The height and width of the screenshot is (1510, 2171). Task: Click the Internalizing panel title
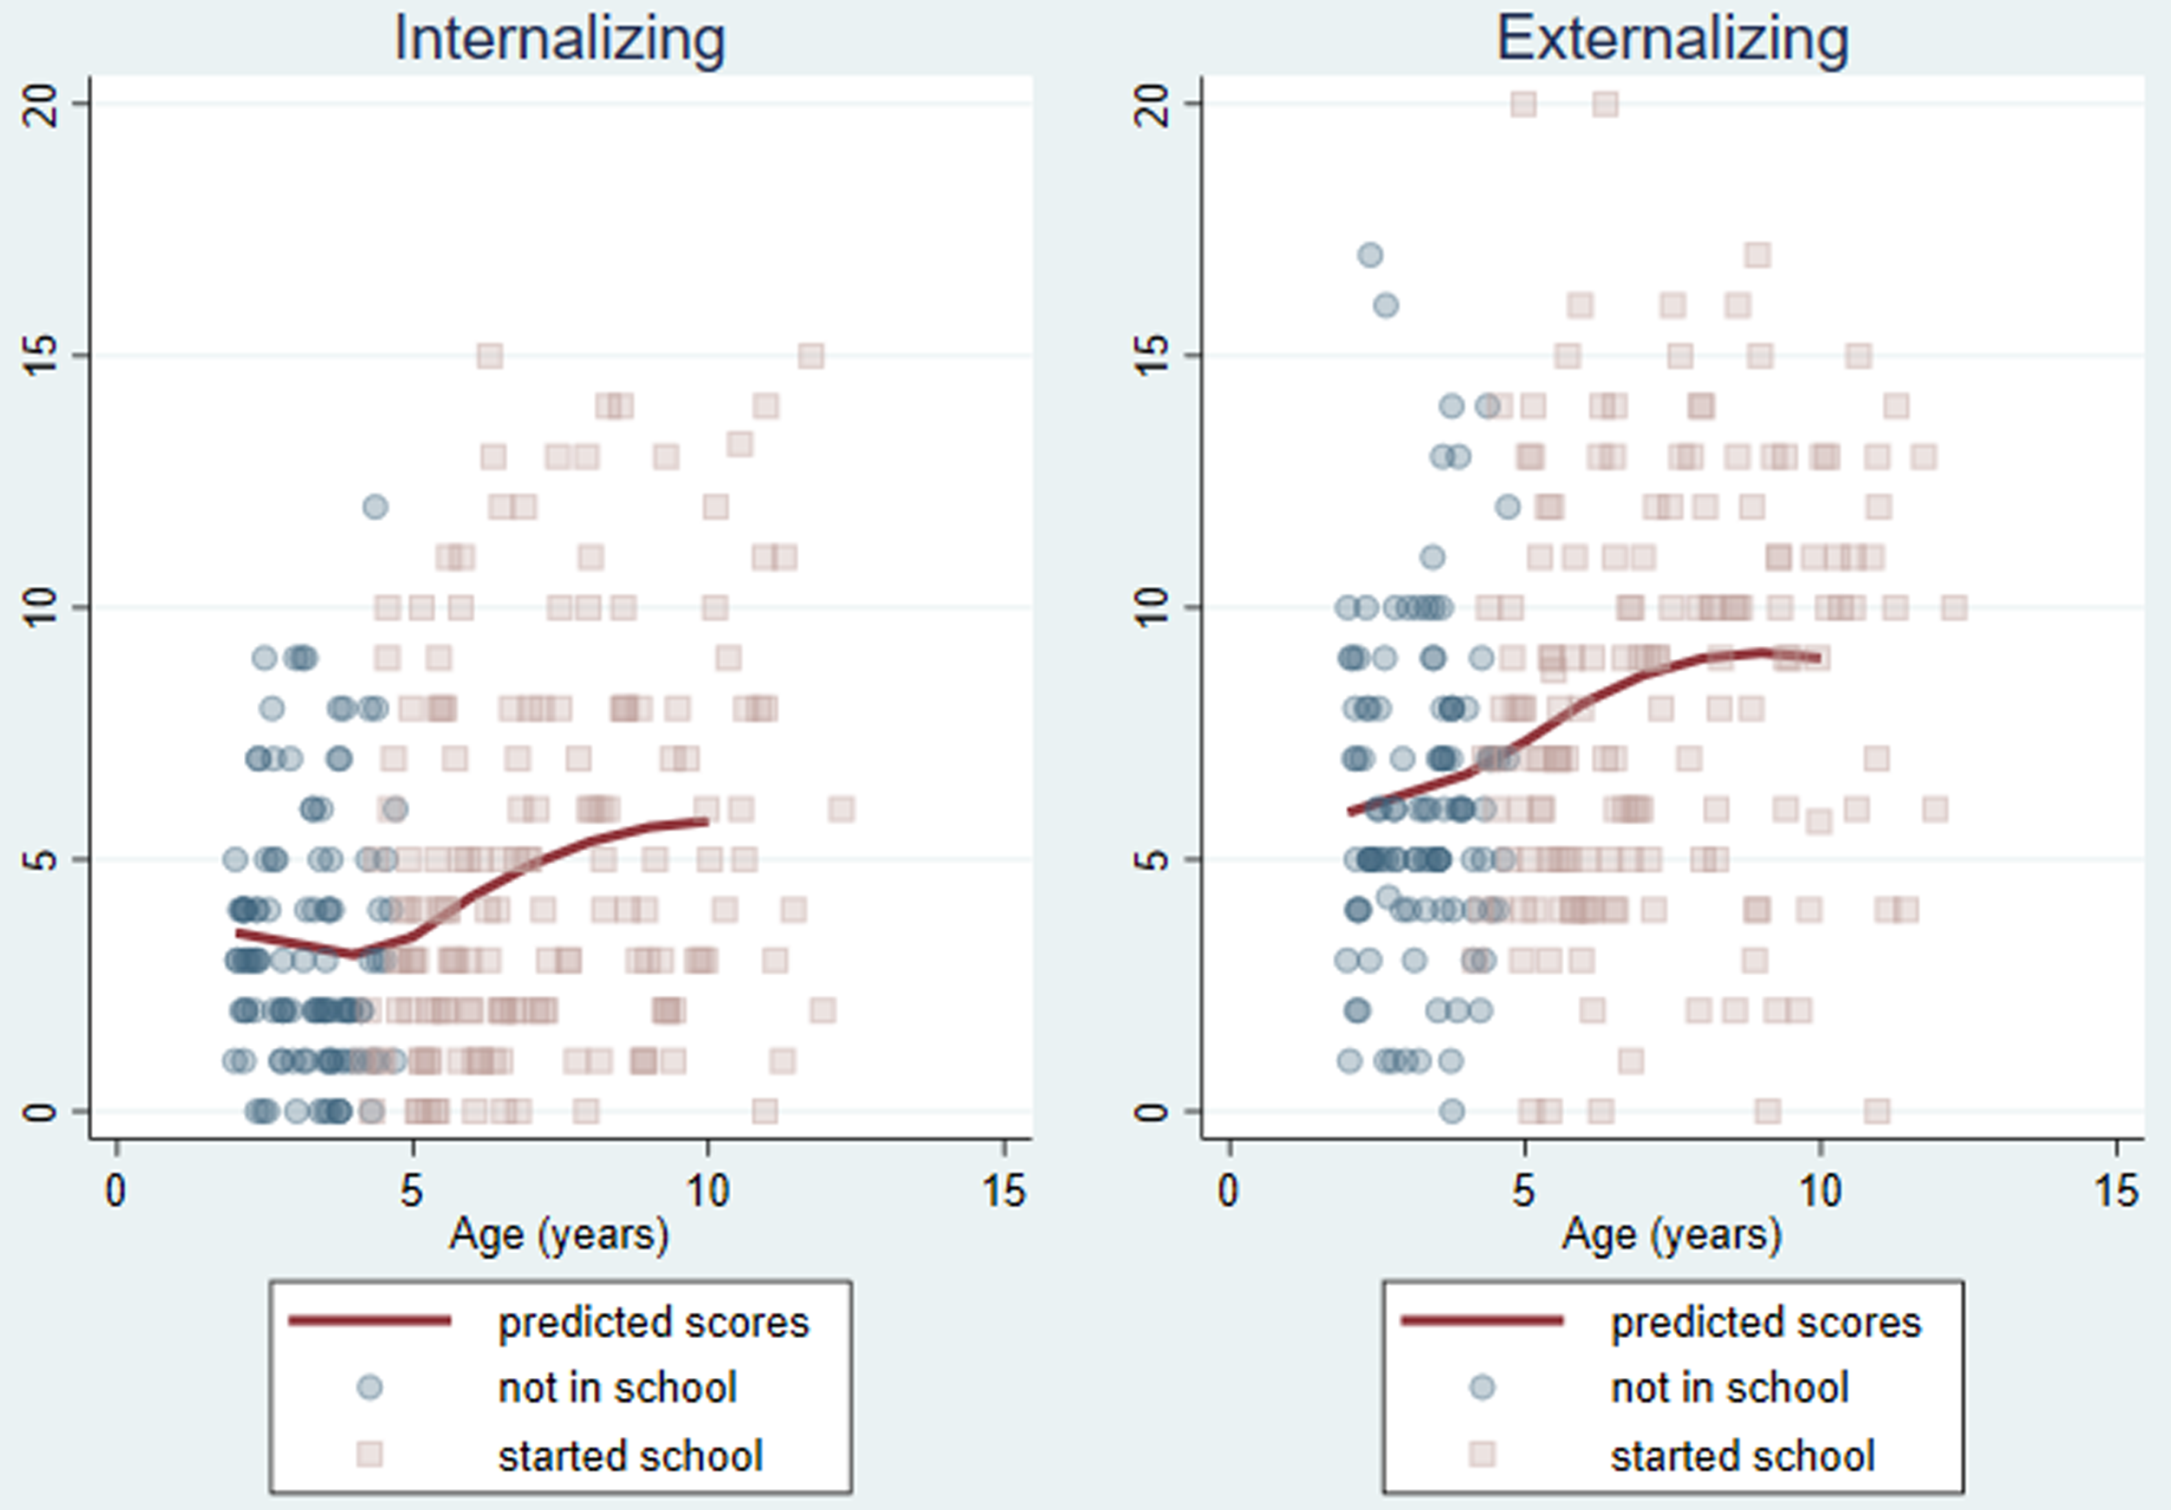point(560,39)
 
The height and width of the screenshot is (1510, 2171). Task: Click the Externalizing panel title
point(1672,39)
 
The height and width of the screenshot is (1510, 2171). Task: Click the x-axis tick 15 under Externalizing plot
point(2116,1191)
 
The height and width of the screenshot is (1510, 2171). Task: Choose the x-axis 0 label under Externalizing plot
point(1228,1191)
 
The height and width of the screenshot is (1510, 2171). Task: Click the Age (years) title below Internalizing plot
point(560,1235)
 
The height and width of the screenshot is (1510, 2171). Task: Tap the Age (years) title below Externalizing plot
point(1672,1235)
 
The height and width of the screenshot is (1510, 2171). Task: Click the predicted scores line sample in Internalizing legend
point(370,1321)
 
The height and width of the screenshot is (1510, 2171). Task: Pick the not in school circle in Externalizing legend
point(1481,1387)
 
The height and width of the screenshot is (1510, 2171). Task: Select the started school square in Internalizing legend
point(370,1454)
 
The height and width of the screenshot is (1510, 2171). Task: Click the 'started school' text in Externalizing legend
point(1743,1455)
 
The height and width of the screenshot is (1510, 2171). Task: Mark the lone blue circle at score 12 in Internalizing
point(375,507)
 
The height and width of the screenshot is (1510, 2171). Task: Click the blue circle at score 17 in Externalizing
point(1370,254)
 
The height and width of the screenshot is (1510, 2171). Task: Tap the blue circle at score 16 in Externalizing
point(1385,306)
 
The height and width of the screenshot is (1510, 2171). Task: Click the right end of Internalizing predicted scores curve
point(706,821)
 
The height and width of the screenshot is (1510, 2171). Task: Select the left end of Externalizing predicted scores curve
point(1350,811)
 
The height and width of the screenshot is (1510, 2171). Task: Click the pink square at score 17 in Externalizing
point(1758,254)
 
